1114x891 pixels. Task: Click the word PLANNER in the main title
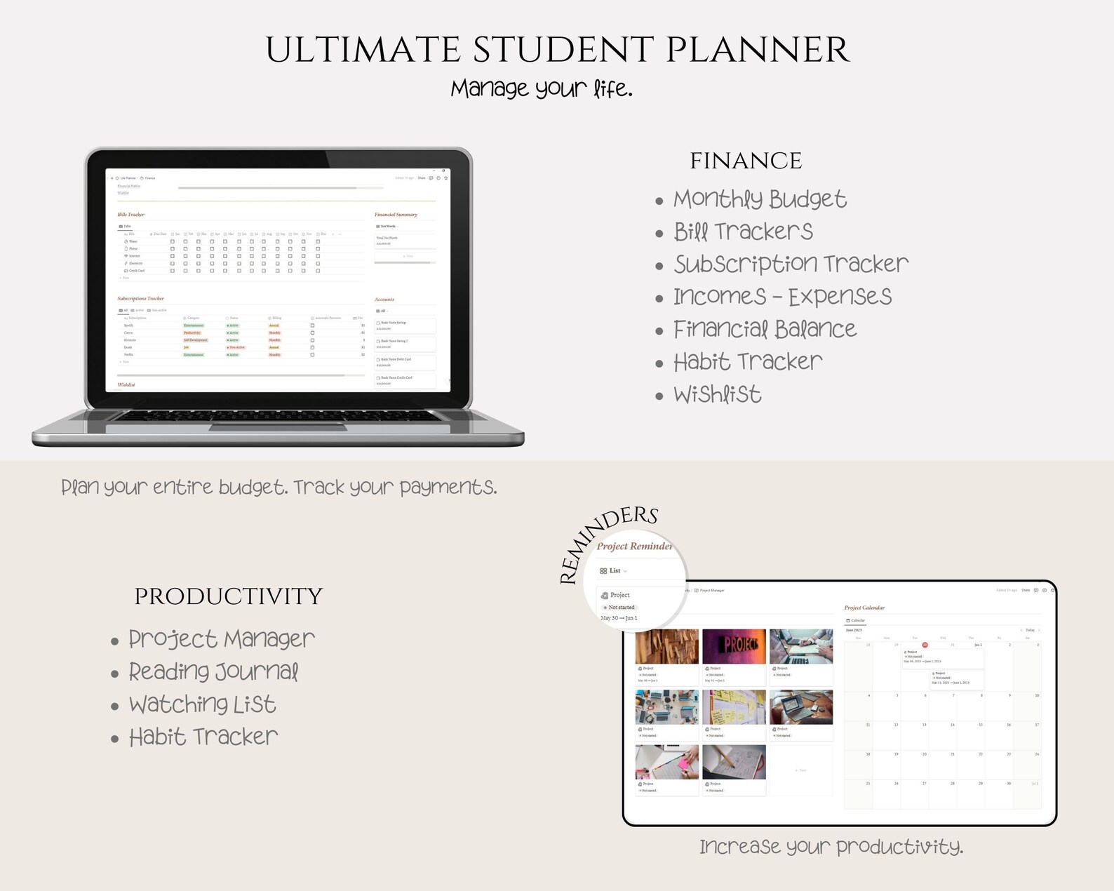pyautogui.click(x=758, y=51)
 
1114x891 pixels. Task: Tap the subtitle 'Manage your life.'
pyautogui.click(x=542, y=89)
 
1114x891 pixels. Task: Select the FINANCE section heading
pyautogui.click(x=746, y=161)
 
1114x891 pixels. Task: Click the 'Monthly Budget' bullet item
pyautogui.click(x=760, y=199)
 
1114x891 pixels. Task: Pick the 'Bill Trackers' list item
pyautogui.click(x=743, y=232)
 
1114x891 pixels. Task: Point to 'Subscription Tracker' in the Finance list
pyautogui.click(x=791, y=264)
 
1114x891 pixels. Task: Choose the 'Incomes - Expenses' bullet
pyautogui.click(x=782, y=297)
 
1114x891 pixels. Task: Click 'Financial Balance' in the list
pyautogui.click(x=765, y=329)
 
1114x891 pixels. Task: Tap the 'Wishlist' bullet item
pyautogui.click(x=717, y=394)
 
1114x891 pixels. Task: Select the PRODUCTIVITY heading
pyautogui.click(x=228, y=596)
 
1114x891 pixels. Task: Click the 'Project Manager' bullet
pyautogui.click(x=221, y=639)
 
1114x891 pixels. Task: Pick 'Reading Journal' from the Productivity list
pyautogui.click(x=213, y=672)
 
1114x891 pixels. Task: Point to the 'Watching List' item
pyautogui.click(x=202, y=704)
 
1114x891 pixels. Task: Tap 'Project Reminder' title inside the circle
pyautogui.click(x=634, y=547)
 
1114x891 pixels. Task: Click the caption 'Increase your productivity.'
pyautogui.click(x=831, y=847)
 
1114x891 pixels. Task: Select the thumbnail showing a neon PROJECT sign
pyautogui.click(x=734, y=646)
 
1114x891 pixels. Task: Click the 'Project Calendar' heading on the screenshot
pyautogui.click(x=864, y=608)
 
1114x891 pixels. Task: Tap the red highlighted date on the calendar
pyautogui.click(x=925, y=645)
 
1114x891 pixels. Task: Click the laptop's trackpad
pyautogui.click(x=278, y=427)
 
